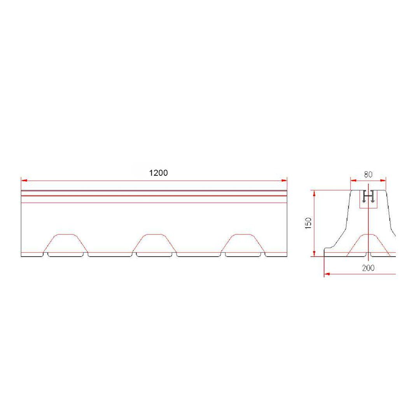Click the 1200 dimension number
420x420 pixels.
click(x=158, y=173)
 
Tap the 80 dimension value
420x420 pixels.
click(x=368, y=175)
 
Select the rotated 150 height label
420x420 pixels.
click(x=308, y=223)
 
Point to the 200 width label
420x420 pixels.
click(x=368, y=268)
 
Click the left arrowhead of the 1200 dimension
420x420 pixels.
click(x=24, y=181)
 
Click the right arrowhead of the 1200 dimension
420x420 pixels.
click(x=284, y=181)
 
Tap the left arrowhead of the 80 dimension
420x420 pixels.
click(x=353, y=180)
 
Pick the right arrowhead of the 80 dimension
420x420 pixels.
click(x=383, y=180)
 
